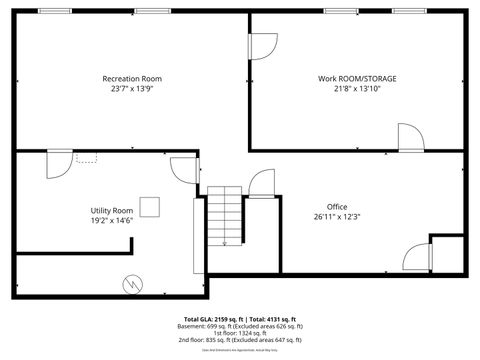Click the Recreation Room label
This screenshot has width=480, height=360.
click(x=131, y=78)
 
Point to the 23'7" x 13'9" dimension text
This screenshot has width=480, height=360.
click(x=131, y=88)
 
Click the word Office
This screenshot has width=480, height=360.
click(x=336, y=206)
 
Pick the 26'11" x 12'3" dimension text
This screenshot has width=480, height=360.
click(x=336, y=216)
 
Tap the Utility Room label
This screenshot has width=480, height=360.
click(x=112, y=210)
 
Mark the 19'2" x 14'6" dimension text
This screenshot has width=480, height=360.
click(x=112, y=220)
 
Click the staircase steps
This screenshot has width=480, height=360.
click(x=225, y=215)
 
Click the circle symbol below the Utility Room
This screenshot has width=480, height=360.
click(x=132, y=284)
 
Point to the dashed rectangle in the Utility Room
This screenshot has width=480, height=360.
click(x=86, y=158)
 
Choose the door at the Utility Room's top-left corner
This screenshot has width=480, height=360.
click(x=56, y=163)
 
